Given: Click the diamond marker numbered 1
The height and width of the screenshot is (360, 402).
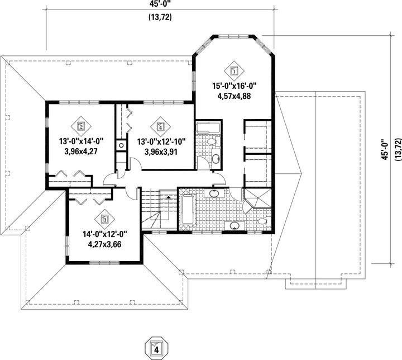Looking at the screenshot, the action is click(234, 70).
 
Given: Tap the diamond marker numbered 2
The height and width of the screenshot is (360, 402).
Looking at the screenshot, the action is click(81, 126).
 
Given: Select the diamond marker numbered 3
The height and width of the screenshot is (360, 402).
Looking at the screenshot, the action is click(104, 219).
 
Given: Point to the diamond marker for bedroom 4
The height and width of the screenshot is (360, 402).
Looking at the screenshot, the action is click(161, 126).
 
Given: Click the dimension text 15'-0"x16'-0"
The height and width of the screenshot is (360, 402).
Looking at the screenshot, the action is click(234, 86).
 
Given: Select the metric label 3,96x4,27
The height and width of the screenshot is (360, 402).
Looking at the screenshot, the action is click(81, 151).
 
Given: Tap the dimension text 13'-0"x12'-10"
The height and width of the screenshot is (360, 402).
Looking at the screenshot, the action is click(161, 141).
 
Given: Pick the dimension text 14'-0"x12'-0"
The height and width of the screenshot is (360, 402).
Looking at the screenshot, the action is click(105, 234).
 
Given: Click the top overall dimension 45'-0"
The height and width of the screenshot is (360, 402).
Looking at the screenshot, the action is click(160, 3).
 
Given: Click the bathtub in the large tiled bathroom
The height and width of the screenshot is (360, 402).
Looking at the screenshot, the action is click(188, 209).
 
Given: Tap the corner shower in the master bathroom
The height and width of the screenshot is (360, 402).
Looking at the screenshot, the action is click(257, 198).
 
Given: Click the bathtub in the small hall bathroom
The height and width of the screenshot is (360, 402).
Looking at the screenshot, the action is click(208, 127).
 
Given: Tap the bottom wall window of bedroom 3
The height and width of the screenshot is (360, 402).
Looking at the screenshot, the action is click(104, 263).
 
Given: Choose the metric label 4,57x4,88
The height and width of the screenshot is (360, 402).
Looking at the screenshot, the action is click(234, 96).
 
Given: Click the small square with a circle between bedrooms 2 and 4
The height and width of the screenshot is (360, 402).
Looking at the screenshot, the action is click(121, 145).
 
